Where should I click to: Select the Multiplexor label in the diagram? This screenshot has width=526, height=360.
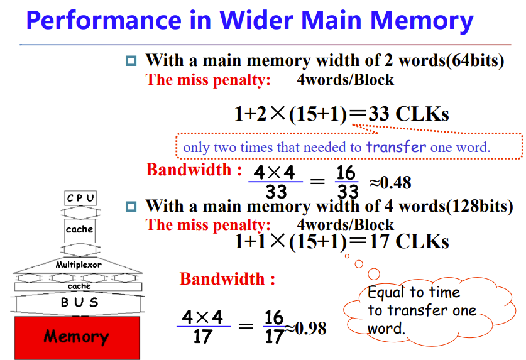[79, 265]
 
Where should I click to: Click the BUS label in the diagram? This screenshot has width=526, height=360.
[79, 302]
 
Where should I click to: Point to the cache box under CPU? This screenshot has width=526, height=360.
[79, 229]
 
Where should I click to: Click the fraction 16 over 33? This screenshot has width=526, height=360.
[347, 182]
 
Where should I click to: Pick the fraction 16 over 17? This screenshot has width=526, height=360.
[275, 327]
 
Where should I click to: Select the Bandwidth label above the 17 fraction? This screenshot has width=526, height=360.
[227, 279]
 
